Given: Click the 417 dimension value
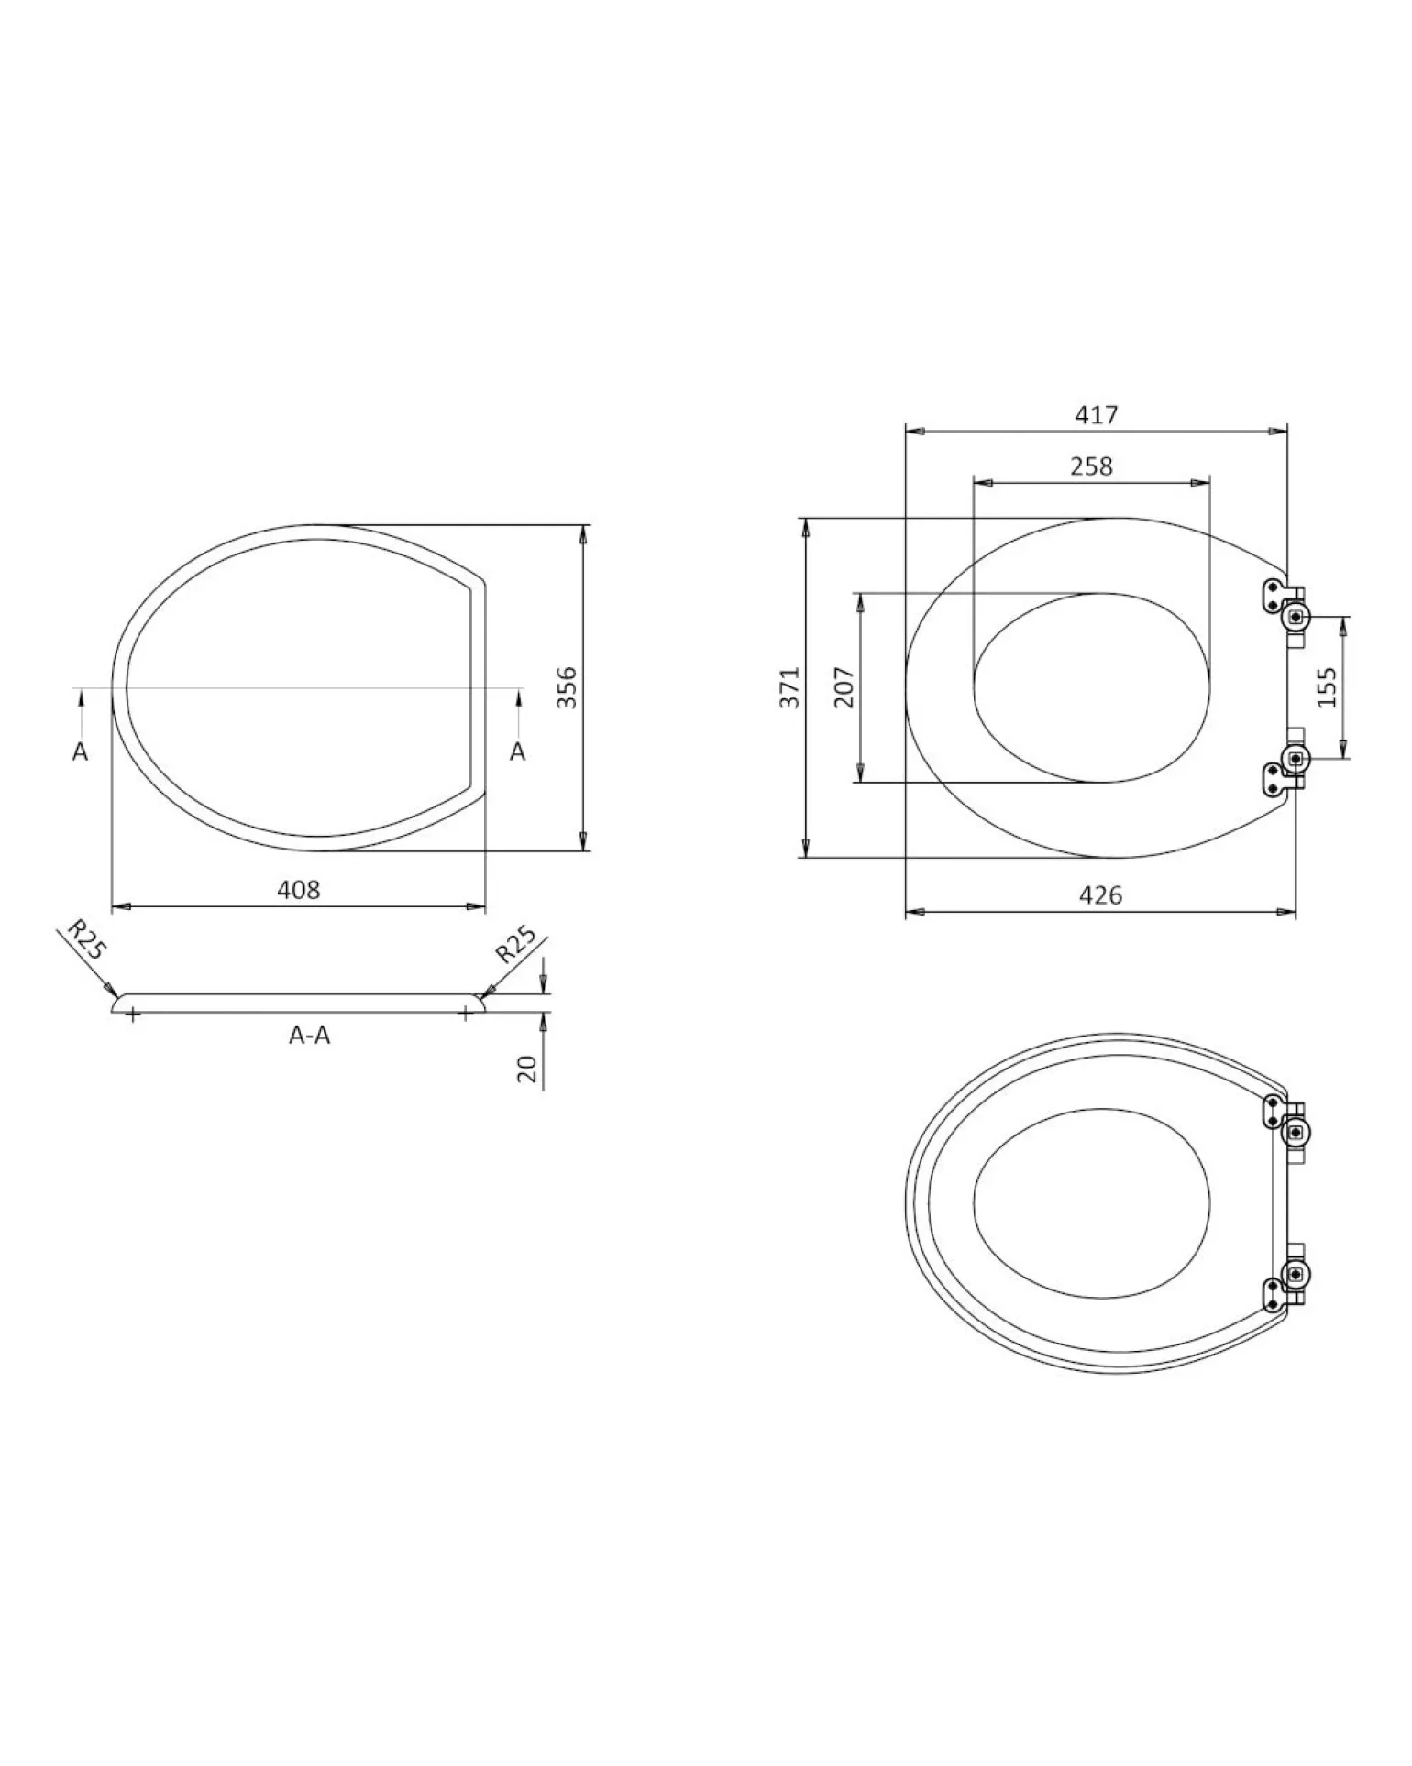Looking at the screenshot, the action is [1097, 415].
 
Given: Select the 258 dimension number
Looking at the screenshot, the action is [1091, 466].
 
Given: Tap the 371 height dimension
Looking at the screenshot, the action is [790, 687].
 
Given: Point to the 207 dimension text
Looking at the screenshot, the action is [844, 687].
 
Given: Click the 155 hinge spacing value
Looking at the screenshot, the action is [1326, 686].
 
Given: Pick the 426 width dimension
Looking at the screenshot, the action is [1100, 895].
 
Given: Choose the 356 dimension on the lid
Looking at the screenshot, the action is [568, 687].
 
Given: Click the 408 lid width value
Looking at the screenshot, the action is [299, 889].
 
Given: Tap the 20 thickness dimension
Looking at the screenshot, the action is [527, 1069].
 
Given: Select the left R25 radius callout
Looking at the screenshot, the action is [86, 941].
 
